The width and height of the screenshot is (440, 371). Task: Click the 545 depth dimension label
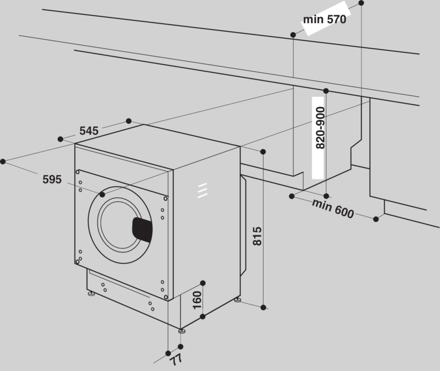coord(89,130)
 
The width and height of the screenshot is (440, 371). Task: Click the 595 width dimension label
coord(52,179)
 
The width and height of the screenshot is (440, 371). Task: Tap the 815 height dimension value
coord(257,236)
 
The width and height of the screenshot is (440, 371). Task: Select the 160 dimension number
coord(197,300)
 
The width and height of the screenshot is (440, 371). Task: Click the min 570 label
coord(325,20)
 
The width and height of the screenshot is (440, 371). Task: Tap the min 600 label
coord(333,208)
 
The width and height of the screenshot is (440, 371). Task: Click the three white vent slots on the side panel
coord(202,191)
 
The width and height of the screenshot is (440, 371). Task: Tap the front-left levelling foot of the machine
coord(91,294)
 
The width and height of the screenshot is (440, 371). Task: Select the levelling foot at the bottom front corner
coord(182,331)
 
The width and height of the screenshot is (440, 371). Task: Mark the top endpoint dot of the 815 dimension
coord(263,152)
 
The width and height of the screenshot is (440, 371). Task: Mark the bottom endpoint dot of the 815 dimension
coord(263,307)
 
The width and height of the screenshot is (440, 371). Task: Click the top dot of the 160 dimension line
coord(203,283)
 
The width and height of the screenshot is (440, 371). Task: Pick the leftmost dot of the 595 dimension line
coord(3,161)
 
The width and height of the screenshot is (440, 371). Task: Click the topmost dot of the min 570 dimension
coord(361,3)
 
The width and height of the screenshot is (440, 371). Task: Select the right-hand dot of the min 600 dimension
coord(376,219)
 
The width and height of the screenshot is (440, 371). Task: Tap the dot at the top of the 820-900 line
coord(326,91)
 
